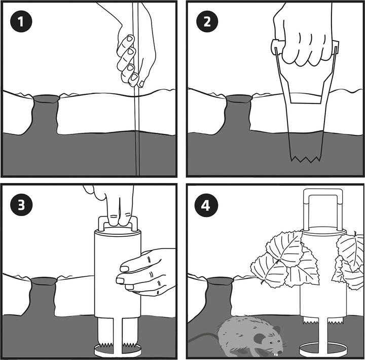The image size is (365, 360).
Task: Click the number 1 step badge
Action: tap(21, 21)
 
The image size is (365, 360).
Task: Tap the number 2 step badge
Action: tap(207, 21)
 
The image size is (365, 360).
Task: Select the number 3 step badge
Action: tap(21, 205)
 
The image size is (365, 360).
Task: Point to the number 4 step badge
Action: tap(206, 206)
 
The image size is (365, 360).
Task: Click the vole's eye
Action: tap(271, 343)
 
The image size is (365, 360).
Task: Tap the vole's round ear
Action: tap(259, 338)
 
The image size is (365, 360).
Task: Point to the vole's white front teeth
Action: tap(275, 354)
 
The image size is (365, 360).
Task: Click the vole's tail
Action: tap(203, 337)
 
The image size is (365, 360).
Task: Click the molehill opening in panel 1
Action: tap(46, 99)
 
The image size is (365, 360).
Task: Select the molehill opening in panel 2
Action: tap(239, 98)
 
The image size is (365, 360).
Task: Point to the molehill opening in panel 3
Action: tap(44, 281)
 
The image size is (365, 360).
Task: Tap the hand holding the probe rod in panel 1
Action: tap(136, 47)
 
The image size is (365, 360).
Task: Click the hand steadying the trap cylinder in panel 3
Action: tap(146, 272)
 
